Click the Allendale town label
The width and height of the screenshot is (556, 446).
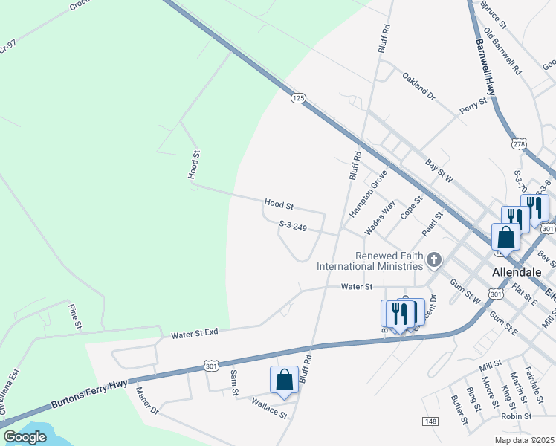[515, 272]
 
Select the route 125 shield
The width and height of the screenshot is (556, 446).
[298, 98]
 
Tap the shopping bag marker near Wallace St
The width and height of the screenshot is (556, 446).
[285, 380]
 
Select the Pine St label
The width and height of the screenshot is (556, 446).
[75, 316]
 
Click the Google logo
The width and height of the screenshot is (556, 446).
[25, 436]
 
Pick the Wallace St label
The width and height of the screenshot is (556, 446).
[269, 410]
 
